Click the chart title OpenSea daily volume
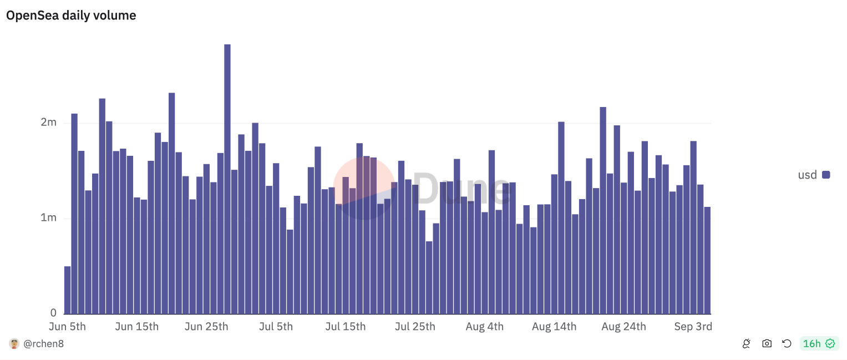point(71,16)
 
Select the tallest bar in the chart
point(227,178)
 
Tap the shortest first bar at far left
point(68,290)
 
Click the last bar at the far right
point(707,261)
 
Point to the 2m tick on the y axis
point(49,122)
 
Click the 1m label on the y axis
point(49,218)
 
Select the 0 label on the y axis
point(53,313)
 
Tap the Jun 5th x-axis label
point(68,327)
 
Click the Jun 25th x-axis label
point(206,327)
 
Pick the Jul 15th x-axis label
point(346,327)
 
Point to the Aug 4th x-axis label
point(485,327)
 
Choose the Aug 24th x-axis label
point(623,327)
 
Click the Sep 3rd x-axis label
point(693,327)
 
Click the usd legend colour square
point(826,175)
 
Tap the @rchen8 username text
point(43,344)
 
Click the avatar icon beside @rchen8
point(14,344)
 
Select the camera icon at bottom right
point(767,344)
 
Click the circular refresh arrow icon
point(787,344)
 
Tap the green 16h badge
point(819,344)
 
